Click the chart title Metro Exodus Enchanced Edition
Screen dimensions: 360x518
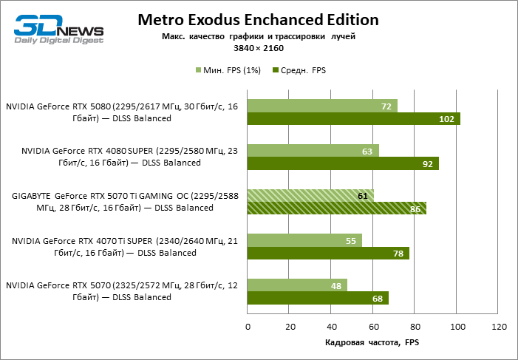coord(258,20)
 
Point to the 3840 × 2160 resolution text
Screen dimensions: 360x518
coord(258,48)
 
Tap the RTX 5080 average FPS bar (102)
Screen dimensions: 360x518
coord(353,119)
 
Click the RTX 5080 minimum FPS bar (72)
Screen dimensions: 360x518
coord(322,106)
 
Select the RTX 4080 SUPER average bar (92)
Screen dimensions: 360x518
coord(343,163)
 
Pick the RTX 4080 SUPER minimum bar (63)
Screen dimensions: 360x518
coord(313,151)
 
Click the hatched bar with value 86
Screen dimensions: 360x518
coord(336,208)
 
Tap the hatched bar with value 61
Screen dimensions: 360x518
coord(310,195)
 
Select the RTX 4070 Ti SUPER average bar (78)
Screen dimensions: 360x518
coord(328,254)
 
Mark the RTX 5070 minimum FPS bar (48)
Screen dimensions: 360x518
coord(297,285)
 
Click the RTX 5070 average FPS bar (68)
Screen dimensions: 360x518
coord(318,298)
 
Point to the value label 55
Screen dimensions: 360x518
coord(351,240)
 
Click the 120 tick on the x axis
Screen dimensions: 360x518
coord(499,326)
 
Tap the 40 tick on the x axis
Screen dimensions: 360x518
coord(331,326)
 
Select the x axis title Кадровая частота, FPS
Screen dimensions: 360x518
coord(372,343)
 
